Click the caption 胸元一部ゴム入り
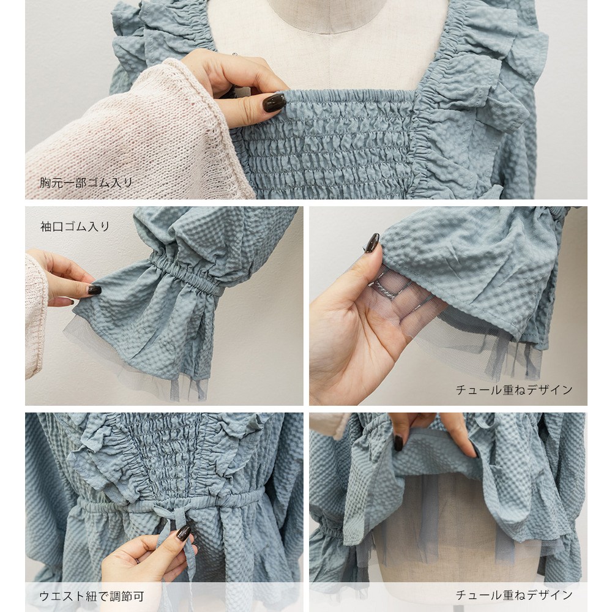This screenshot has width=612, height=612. [86, 182]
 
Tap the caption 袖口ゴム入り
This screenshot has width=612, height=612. [75, 226]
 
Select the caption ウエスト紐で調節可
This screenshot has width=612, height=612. [92, 596]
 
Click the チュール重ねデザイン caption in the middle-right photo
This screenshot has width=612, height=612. [514, 389]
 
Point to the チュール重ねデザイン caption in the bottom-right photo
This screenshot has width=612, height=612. [514, 595]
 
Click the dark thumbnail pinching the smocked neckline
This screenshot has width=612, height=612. [274, 103]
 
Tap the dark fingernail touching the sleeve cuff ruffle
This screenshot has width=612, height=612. [94, 289]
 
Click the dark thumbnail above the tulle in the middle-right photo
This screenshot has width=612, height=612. [371, 243]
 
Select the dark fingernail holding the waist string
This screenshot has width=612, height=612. [184, 532]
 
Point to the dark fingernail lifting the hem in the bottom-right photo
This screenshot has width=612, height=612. [398, 443]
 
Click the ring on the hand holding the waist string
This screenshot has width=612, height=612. [137, 561]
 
